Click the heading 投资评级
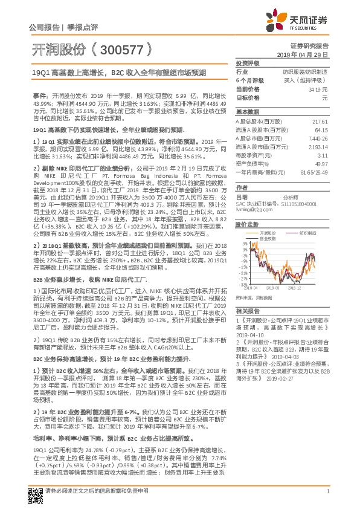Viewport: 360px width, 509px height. click(x=247, y=63)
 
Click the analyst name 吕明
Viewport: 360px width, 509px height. click(x=240, y=197)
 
